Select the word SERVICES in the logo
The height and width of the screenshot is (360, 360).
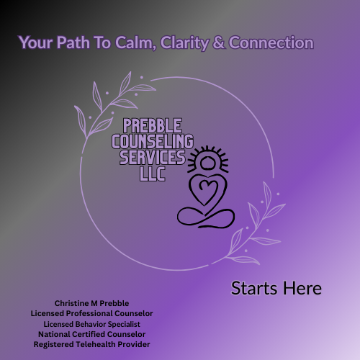coord(149,156)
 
